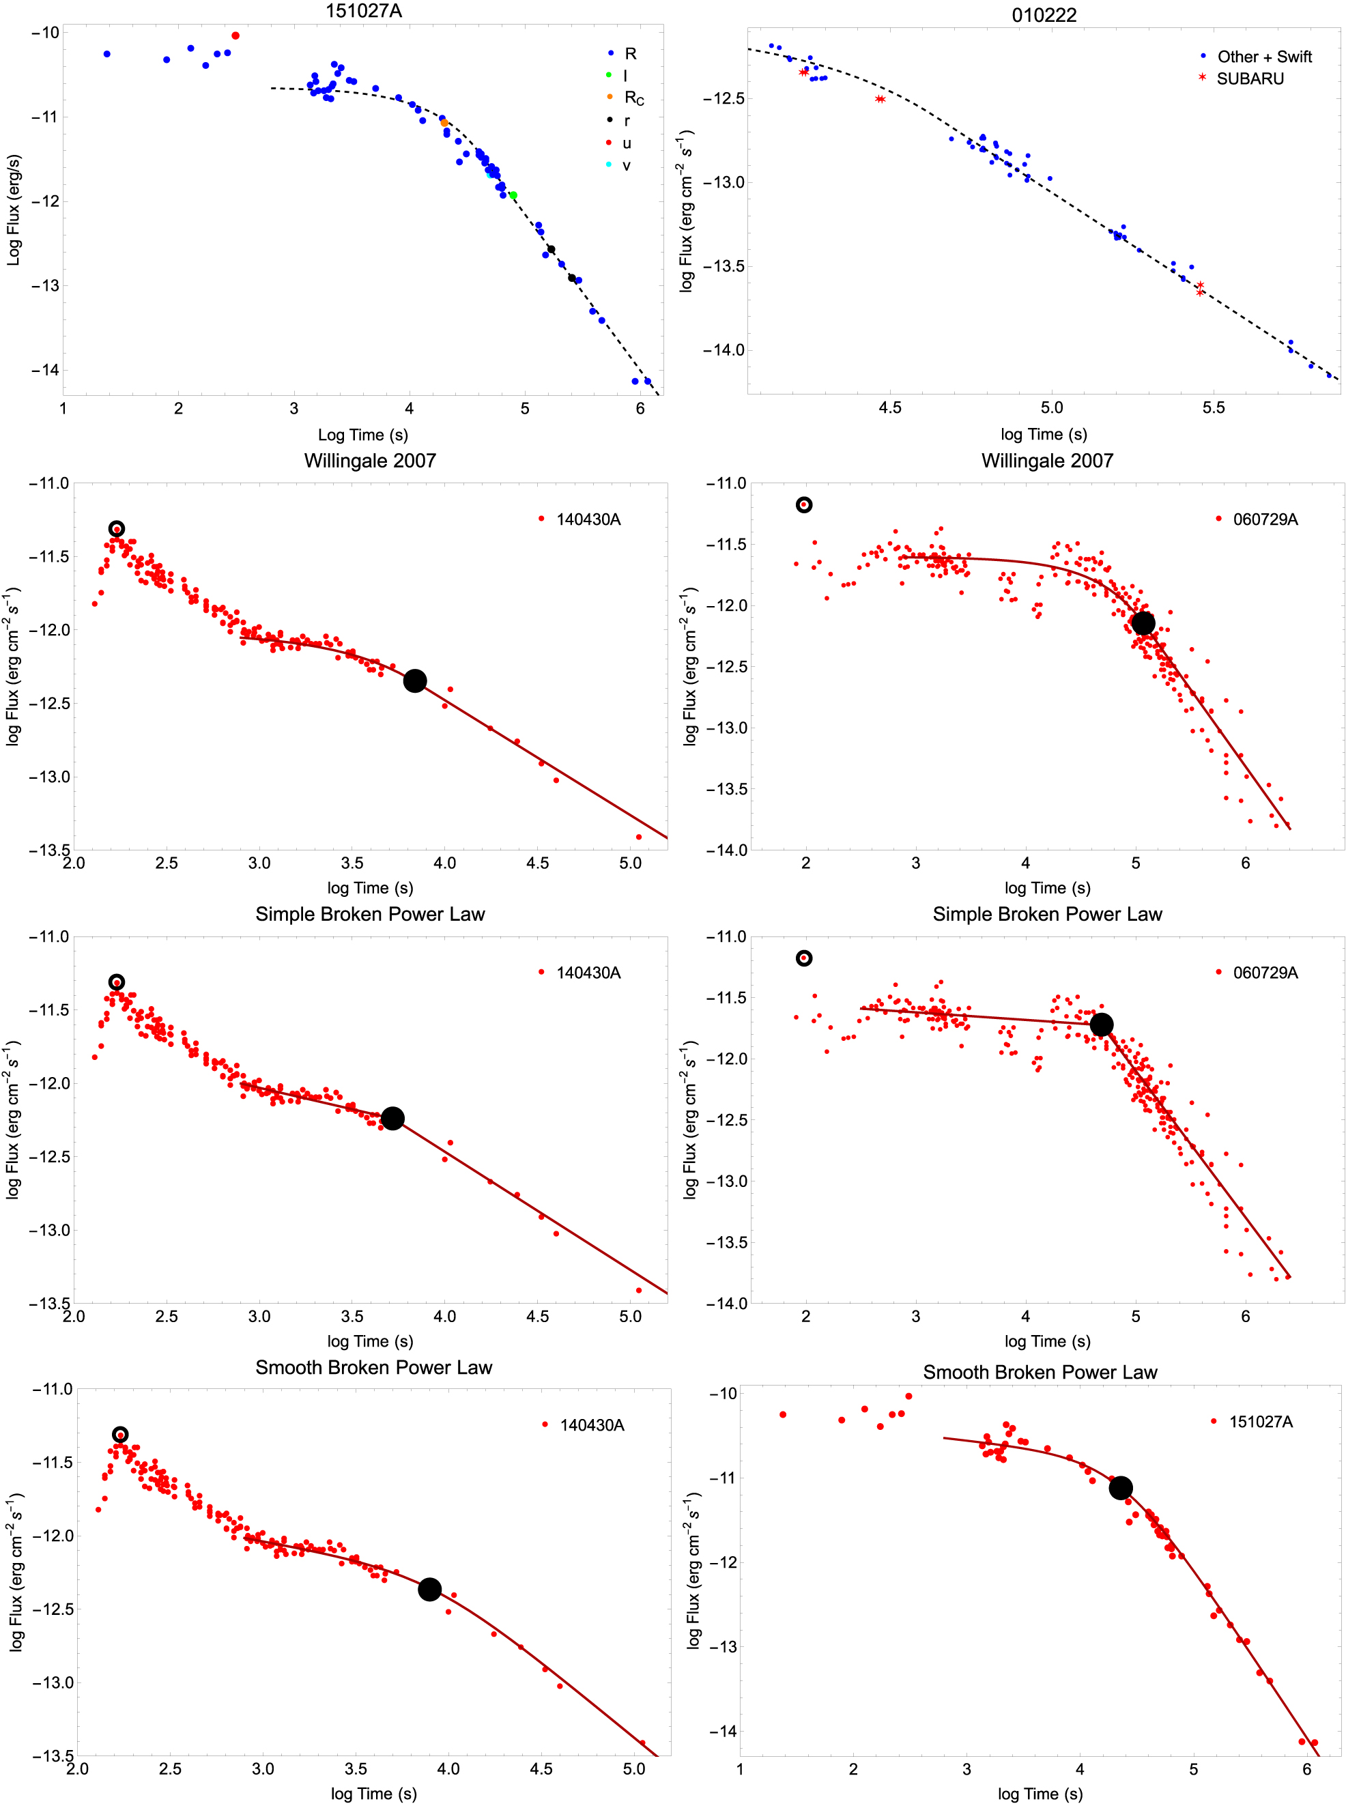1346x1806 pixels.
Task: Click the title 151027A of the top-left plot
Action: click(363, 11)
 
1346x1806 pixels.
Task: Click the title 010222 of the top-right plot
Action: click(1044, 14)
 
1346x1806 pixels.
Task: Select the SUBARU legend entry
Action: click(1249, 79)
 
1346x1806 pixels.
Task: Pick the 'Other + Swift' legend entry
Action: click(1263, 56)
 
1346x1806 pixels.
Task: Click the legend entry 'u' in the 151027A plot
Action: click(626, 143)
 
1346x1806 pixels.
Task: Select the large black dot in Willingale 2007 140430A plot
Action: click(415, 681)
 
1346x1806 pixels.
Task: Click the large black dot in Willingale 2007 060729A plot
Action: click(1143, 623)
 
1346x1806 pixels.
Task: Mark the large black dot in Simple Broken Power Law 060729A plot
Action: click(1102, 1024)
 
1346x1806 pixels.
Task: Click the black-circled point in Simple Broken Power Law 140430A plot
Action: click(117, 982)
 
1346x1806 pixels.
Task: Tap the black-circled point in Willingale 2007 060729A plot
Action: click(804, 505)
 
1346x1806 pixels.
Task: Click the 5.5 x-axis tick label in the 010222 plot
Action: click(1213, 408)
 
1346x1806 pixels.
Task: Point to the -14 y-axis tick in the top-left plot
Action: click(46, 370)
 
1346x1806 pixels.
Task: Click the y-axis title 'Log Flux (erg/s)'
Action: click(13, 210)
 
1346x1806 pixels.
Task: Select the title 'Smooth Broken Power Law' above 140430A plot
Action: click(373, 1367)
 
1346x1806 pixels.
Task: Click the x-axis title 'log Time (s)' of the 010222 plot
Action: click(1044, 434)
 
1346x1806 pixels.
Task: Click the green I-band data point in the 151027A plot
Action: click(513, 195)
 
